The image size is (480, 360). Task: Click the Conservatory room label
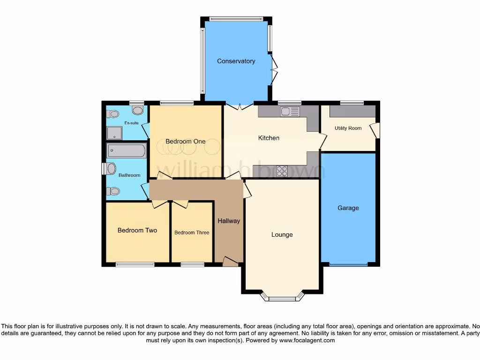236,61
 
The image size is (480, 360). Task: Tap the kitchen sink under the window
290,112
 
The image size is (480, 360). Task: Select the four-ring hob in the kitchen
282,171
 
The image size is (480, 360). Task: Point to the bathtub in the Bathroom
127,151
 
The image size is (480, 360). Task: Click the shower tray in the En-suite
113,134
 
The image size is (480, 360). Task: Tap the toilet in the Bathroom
113,191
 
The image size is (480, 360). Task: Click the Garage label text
348,208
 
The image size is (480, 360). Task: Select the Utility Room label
348,128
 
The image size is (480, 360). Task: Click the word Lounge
282,234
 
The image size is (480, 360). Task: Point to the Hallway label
229,221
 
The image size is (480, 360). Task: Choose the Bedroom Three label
192,232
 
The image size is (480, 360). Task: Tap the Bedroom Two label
137,230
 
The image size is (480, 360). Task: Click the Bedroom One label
185,142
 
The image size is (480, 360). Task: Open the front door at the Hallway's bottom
230,262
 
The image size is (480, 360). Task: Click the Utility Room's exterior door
375,130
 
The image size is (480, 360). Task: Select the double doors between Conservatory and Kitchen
240,106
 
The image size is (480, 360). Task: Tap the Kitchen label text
269,138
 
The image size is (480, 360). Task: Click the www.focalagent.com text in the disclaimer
307,341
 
